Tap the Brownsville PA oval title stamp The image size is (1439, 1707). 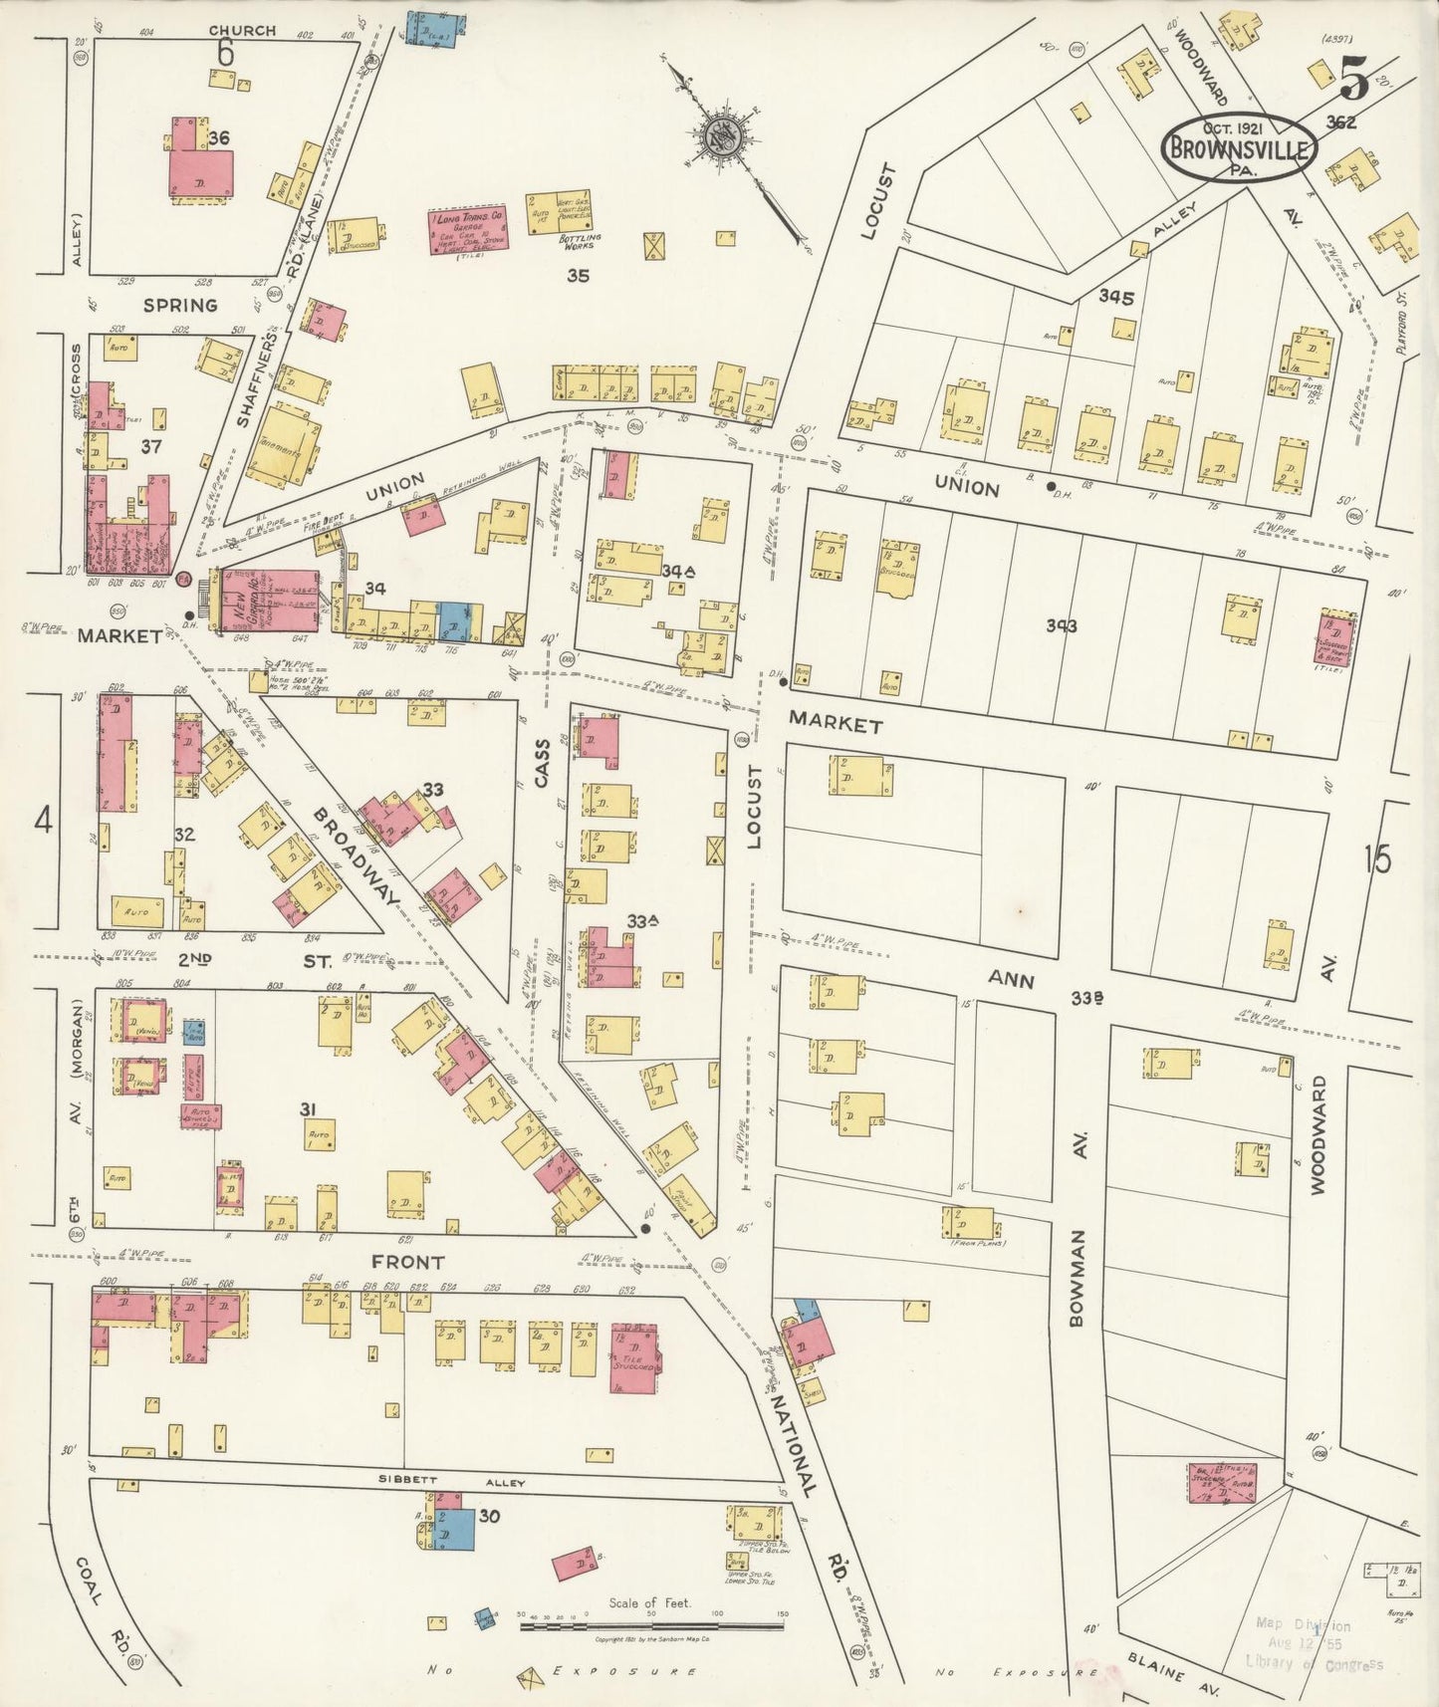[x=1239, y=147]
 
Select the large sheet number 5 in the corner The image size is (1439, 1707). [x=1354, y=77]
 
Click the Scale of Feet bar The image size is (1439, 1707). [x=651, y=1626]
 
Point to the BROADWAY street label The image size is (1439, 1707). [x=356, y=856]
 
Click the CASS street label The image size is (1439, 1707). [x=541, y=764]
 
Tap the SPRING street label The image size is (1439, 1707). [x=180, y=305]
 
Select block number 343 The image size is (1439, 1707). [x=1062, y=625]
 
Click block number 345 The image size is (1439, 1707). [x=1116, y=297]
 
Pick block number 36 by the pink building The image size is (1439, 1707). [x=219, y=138]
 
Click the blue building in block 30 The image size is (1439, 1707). [x=458, y=1529]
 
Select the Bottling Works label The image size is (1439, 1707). [x=576, y=241]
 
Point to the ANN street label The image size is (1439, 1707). [x=1010, y=980]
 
